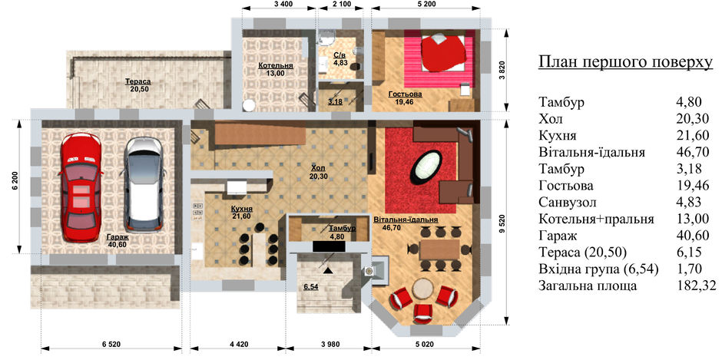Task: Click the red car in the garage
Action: click(x=80, y=187)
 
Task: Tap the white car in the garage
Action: click(x=143, y=184)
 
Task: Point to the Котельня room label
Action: click(x=275, y=65)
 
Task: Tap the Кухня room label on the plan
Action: click(x=242, y=209)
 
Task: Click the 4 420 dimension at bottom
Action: click(x=238, y=343)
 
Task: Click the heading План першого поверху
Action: click(x=626, y=63)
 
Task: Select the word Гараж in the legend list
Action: click(x=555, y=236)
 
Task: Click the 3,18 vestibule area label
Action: click(x=335, y=101)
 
